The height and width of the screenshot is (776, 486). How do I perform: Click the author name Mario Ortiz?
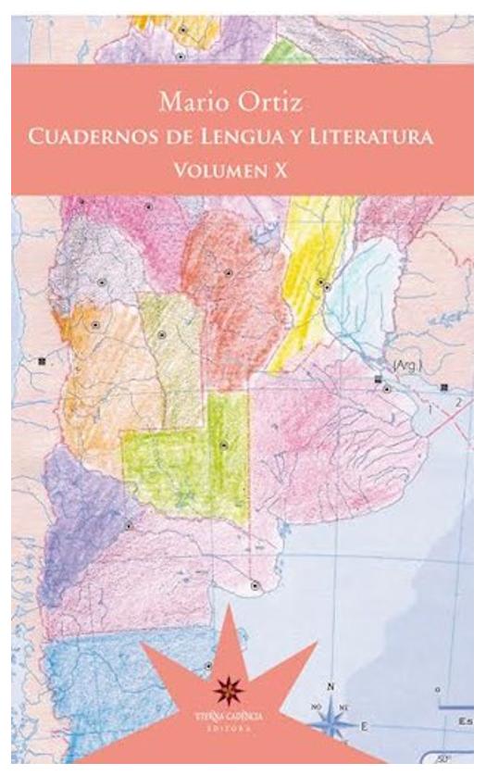pos(243,99)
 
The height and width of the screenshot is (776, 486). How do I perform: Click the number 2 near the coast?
pos(456,403)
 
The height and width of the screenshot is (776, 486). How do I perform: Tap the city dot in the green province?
pos(223,445)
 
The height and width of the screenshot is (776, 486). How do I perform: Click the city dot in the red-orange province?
pos(228,273)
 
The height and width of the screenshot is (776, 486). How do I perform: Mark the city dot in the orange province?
pos(94,325)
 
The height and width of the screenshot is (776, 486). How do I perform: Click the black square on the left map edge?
pos(42,360)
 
